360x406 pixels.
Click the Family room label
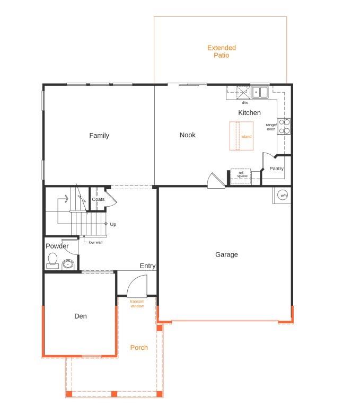pyautogui.click(x=99, y=135)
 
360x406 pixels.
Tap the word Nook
pyautogui.click(x=188, y=135)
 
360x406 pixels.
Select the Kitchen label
pyautogui.click(x=249, y=113)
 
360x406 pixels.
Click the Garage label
pyautogui.click(x=226, y=254)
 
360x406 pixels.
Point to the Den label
pyautogui.click(x=81, y=316)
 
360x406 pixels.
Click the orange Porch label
pyautogui.click(x=139, y=348)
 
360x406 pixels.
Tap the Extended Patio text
pyautogui.click(x=222, y=51)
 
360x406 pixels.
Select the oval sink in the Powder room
pyautogui.click(x=68, y=264)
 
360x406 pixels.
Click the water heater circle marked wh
pyautogui.click(x=282, y=195)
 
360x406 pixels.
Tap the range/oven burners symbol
pyautogui.click(x=284, y=126)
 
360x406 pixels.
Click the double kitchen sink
pyautogui.click(x=260, y=92)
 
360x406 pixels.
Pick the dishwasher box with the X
pyautogui.click(x=243, y=93)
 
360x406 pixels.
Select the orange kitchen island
pyautogui.click(x=241, y=136)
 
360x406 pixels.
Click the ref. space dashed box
pyautogui.click(x=241, y=176)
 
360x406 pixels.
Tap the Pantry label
pyautogui.click(x=276, y=169)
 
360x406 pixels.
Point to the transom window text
pyautogui.click(x=137, y=304)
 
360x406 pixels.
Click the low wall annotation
pyautogui.click(x=95, y=242)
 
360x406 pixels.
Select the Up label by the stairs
pyautogui.click(x=113, y=224)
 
